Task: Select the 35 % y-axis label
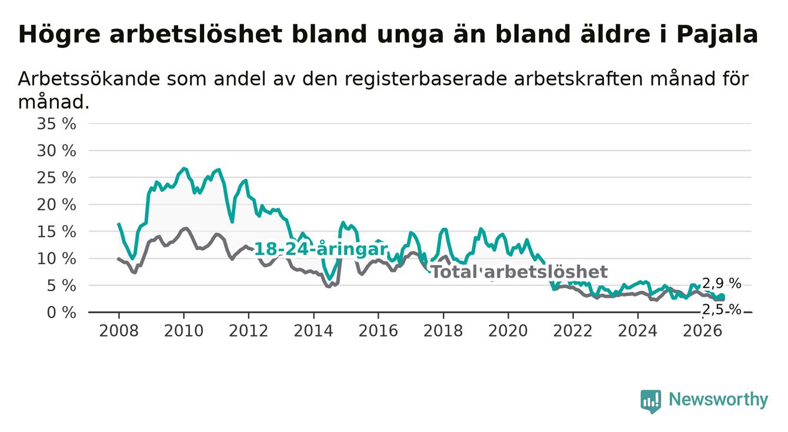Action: point(56,124)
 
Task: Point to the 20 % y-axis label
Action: point(56,205)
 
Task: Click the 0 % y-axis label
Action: point(62,313)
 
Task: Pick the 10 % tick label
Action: point(56,259)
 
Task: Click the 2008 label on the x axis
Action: point(119,331)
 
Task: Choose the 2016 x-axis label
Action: point(378,331)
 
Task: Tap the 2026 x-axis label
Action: point(703,331)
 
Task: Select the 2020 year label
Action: point(508,331)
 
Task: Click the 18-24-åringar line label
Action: point(321,250)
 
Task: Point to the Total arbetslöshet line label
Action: point(520,272)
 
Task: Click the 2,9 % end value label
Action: point(722,284)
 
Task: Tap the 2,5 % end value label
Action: point(722,310)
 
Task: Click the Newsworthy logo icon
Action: point(651,401)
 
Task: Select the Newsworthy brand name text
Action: point(719,400)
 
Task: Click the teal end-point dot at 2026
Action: point(722,297)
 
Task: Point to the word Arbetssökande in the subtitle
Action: point(89,78)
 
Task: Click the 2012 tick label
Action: point(248,331)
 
